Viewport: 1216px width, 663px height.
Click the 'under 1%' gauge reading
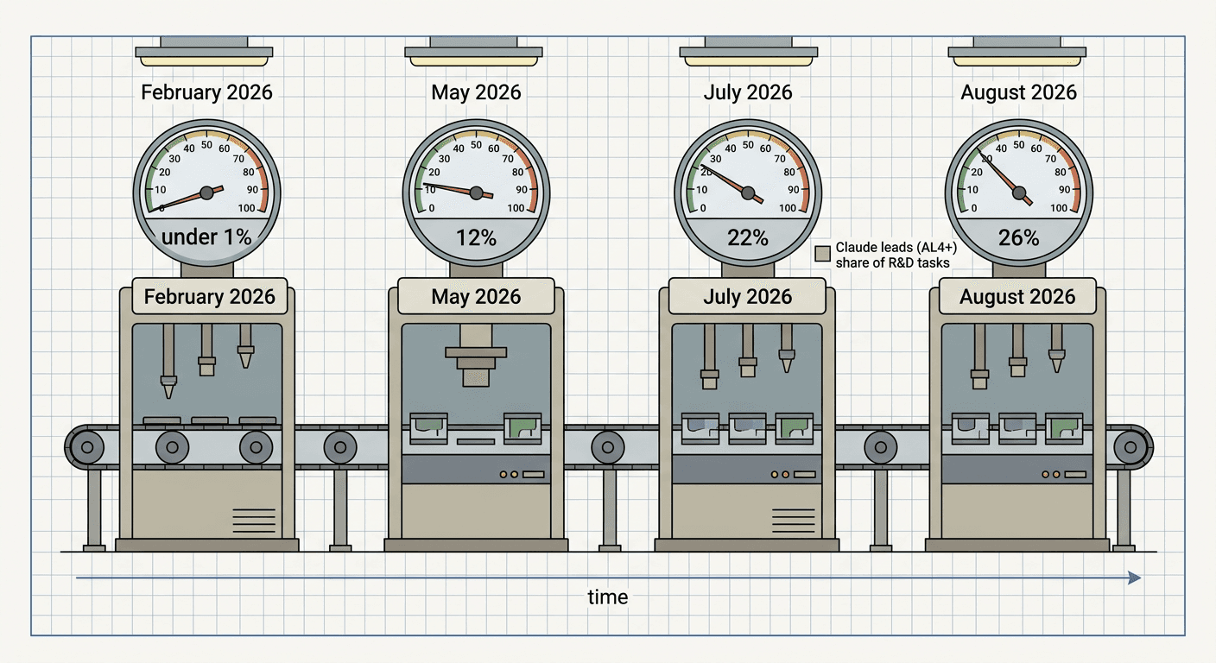[x=206, y=237]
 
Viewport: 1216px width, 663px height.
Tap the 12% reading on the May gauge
[x=476, y=237]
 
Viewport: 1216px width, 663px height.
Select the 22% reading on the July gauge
[x=748, y=237]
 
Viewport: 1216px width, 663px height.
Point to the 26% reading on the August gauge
[x=1018, y=237]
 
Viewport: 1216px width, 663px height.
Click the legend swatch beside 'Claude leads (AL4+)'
[x=822, y=253]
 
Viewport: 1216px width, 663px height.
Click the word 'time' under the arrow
[x=607, y=597]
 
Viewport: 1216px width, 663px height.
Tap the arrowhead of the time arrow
[x=1135, y=578]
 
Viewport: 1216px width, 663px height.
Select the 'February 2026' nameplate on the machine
[x=210, y=296]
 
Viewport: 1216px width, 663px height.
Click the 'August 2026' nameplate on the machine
[x=1017, y=296]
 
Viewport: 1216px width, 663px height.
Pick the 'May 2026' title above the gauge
[x=476, y=92]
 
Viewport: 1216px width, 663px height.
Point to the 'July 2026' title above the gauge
[x=748, y=92]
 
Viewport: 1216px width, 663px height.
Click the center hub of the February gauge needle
[x=206, y=193]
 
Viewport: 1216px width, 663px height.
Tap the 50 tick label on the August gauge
[x=1019, y=145]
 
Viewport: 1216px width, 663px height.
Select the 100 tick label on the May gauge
[x=516, y=208]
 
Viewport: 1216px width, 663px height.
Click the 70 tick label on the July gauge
[x=780, y=159]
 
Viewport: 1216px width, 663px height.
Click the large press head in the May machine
[x=476, y=356]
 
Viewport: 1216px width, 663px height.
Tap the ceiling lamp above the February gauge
[x=204, y=52]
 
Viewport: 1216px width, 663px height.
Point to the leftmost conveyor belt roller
[x=87, y=447]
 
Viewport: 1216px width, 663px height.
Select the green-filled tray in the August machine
[x=1064, y=428]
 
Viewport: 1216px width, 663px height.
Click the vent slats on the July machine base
[x=793, y=521]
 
